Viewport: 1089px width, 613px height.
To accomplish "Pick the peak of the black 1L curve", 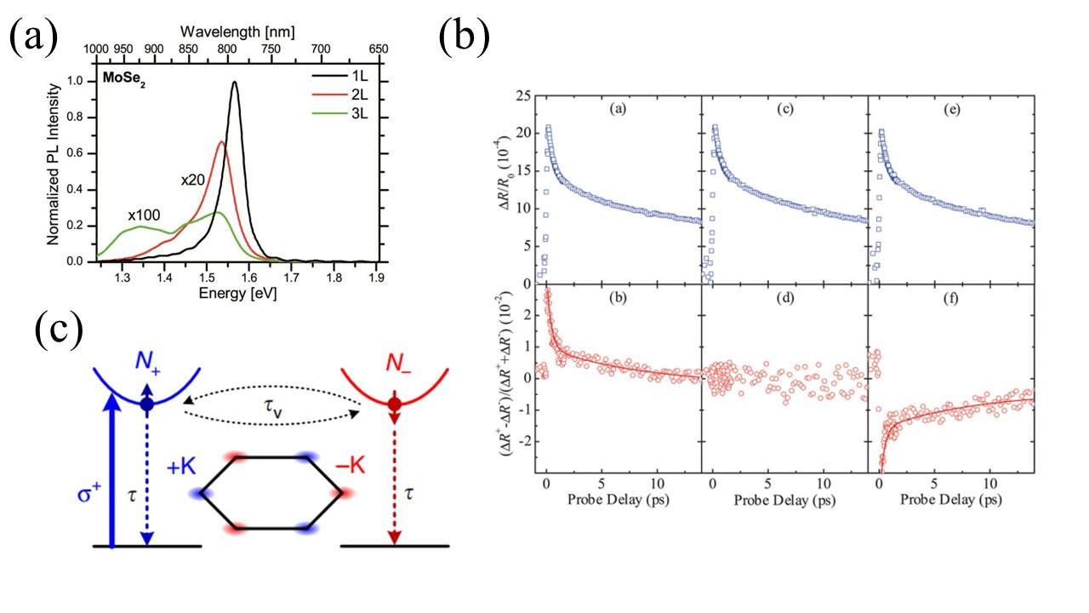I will coord(234,83).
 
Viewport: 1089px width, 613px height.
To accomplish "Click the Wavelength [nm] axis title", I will coord(237,32).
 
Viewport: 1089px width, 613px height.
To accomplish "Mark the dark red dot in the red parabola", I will coord(394,403).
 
